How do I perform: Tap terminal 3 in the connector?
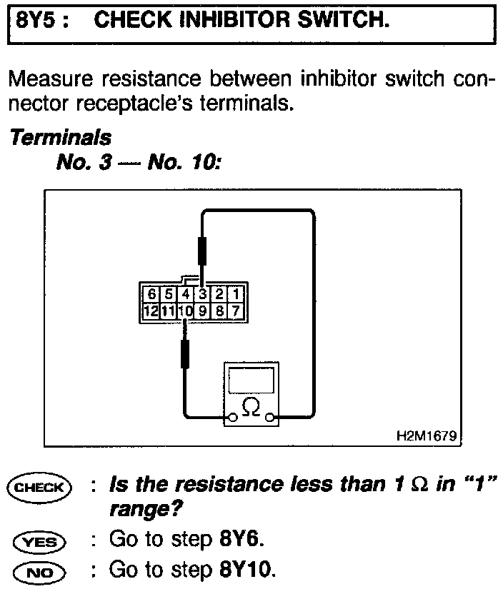tap(202, 294)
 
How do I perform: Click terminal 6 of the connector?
tap(151, 294)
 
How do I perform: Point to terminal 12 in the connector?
tap(150, 311)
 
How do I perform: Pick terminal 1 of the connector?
tap(236, 294)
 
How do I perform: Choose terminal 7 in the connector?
tap(236, 311)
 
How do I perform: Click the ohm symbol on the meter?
tap(251, 407)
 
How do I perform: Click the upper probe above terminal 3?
tap(202, 251)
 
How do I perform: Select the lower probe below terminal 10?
tap(185, 353)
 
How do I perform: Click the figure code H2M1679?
tap(427, 435)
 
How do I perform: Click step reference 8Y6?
tap(239, 540)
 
